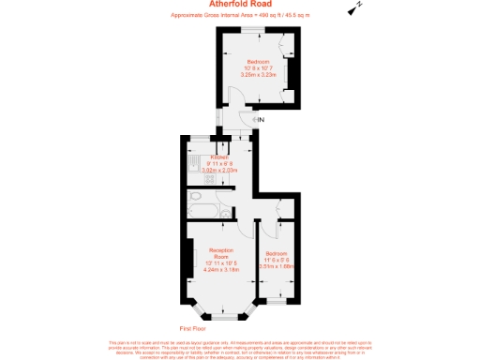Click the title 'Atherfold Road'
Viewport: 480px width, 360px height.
pyautogui.click(x=240, y=5)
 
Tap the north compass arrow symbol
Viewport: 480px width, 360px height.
pyautogui.click(x=354, y=8)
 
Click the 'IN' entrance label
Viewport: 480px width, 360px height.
pyautogui.click(x=262, y=120)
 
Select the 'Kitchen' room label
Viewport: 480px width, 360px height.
pyautogui.click(x=219, y=157)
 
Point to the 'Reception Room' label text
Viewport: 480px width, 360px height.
pyautogui.click(x=221, y=253)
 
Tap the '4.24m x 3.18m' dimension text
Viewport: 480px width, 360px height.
pyautogui.click(x=221, y=269)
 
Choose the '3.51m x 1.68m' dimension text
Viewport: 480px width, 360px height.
pyautogui.click(x=277, y=266)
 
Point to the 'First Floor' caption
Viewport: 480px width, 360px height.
pyautogui.click(x=191, y=328)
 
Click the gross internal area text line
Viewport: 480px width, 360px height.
pyautogui.click(x=240, y=16)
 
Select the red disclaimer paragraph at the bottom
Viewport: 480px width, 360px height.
pyautogui.click(x=240, y=348)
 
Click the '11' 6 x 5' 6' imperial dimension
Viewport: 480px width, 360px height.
pyautogui.click(x=277, y=260)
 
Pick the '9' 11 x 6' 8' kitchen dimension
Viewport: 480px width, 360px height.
pyautogui.click(x=219, y=164)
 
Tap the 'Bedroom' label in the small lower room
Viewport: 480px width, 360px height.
pyautogui.click(x=277, y=254)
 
